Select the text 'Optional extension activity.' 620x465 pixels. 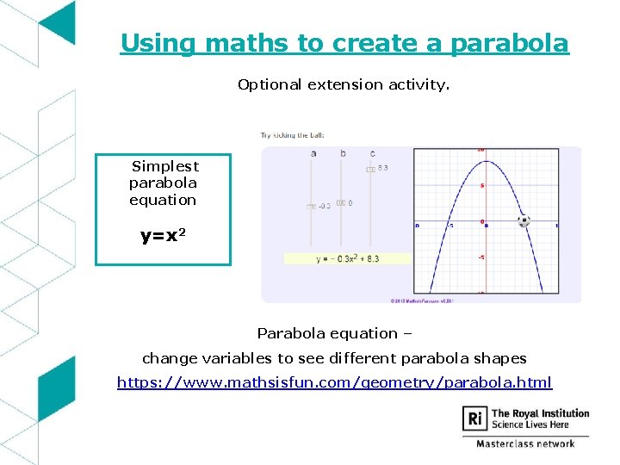(344, 84)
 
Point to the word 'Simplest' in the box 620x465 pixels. (164, 166)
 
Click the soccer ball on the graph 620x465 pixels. (524, 221)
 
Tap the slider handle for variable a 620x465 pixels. (311, 207)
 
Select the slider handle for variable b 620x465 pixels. (341, 203)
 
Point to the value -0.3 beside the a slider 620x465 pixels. (324, 207)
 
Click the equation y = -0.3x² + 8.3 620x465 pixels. (347, 258)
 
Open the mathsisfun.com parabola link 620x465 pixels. (334, 382)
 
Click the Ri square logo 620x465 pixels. (474, 419)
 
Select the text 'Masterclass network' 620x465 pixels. (525, 443)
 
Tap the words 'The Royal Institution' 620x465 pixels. (540, 413)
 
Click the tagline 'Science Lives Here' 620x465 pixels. (529, 425)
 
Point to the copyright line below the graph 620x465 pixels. (422, 301)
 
